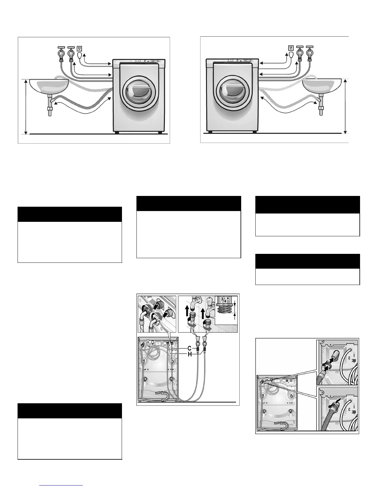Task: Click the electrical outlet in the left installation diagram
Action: point(79,48)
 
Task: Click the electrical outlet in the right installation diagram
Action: point(290,48)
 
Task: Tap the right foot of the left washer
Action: point(160,132)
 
